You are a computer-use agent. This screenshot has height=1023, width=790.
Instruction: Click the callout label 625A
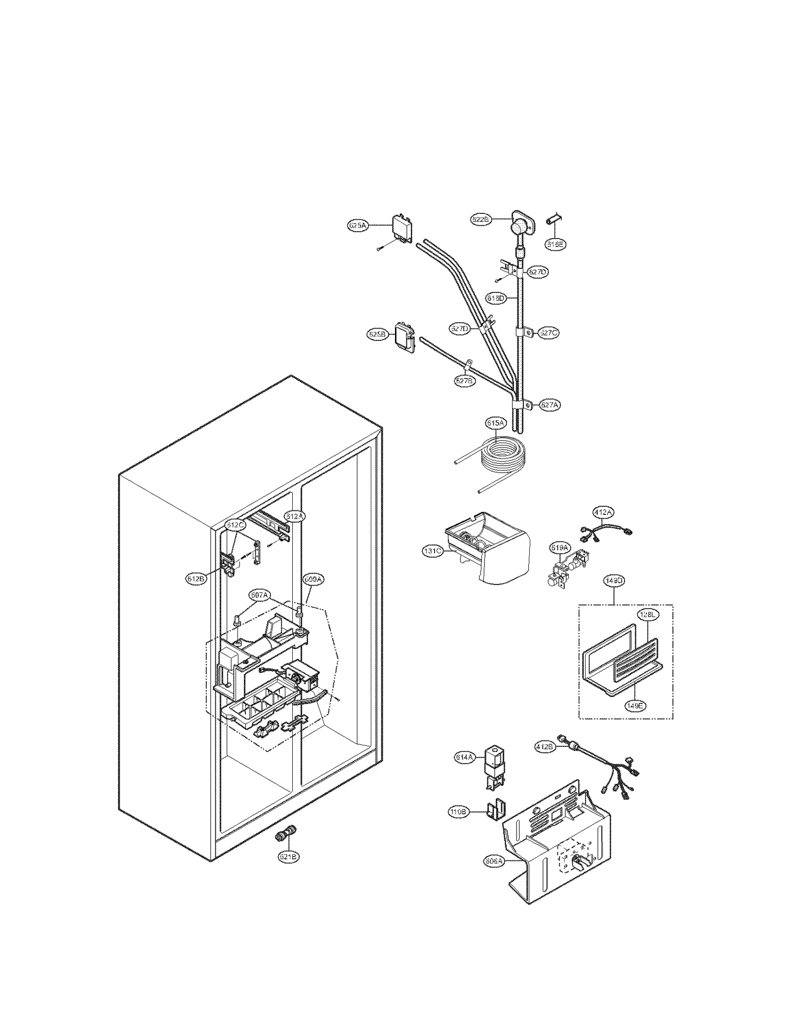coord(357,226)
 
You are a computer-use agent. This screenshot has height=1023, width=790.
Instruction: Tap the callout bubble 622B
coord(480,220)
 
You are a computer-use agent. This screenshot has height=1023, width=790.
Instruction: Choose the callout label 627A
coord(549,405)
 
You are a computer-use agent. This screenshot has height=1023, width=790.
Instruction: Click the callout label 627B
coord(465,381)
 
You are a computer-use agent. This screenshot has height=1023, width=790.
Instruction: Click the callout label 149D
coord(614,581)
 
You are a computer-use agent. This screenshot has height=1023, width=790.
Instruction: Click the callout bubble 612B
coord(196,579)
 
